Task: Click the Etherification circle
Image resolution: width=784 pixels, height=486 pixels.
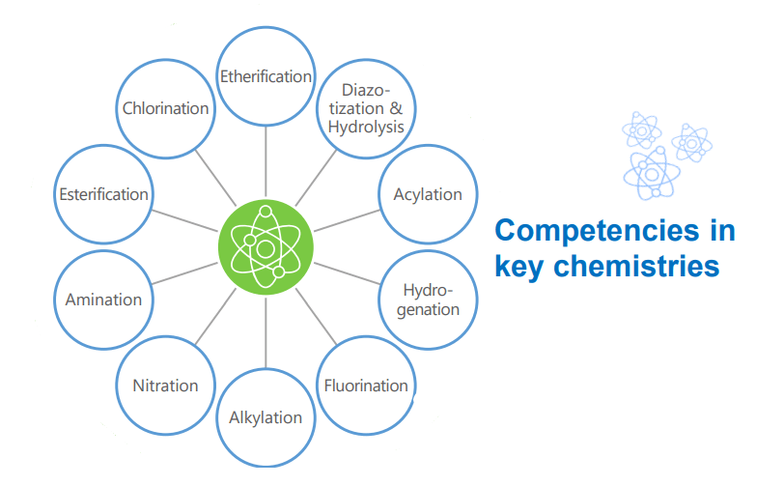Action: pyautogui.click(x=266, y=76)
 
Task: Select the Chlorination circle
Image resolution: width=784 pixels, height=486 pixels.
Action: pyautogui.click(x=165, y=108)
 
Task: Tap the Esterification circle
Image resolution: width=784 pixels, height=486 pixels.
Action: pyautogui.click(x=104, y=194)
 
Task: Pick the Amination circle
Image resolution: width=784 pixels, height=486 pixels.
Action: pyautogui.click(x=104, y=300)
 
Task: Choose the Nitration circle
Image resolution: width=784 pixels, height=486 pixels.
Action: pyautogui.click(x=165, y=386)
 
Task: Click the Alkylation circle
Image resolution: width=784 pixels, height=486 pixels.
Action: pyautogui.click(x=266, y=417)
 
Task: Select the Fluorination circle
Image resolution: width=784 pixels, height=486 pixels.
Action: pyautogui.click(x=366, y=386)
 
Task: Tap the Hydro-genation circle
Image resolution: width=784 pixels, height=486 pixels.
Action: pyautogui.click(x=428, y=300)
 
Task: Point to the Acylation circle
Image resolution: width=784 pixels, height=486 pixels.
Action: pyautogui.click(x=428, y=194)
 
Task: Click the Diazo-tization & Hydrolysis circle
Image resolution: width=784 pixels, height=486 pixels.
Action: pyautogui.click(x=366, y=108)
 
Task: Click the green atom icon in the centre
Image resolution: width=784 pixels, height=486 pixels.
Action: pyautogui.click(x=266, y=247)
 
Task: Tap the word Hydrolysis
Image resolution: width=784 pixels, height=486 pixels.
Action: pyautogui.click(x=366, y=127)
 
